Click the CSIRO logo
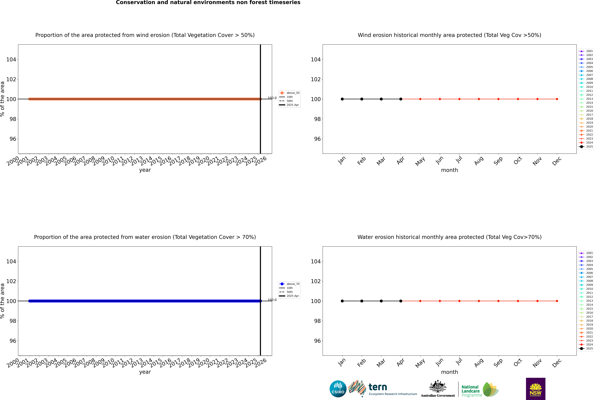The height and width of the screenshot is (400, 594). click(x=338, y=389)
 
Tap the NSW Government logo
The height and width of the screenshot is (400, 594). click(x=536, y=389)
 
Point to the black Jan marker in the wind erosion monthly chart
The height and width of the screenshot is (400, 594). click(x=342, y=99)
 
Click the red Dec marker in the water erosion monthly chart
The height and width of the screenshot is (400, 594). click(x=557, y=301)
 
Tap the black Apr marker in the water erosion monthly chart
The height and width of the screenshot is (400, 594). click(x=401, y=301)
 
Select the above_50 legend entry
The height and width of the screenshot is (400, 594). click(x=289, y=93)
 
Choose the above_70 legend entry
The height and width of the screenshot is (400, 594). click(x=289, y=284)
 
